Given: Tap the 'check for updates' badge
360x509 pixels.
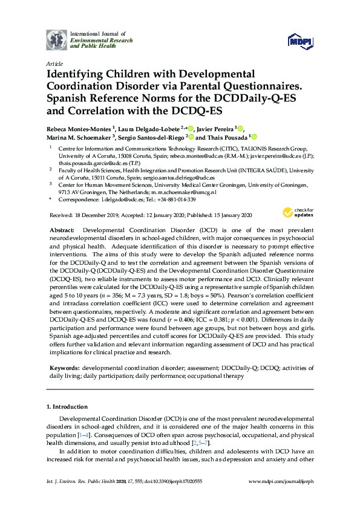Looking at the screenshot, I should point(297,213).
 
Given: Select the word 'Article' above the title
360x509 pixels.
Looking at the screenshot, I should point(53,63).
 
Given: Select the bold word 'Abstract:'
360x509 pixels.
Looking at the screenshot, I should point(62,231).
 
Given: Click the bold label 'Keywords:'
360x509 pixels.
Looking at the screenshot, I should point(64,368).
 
